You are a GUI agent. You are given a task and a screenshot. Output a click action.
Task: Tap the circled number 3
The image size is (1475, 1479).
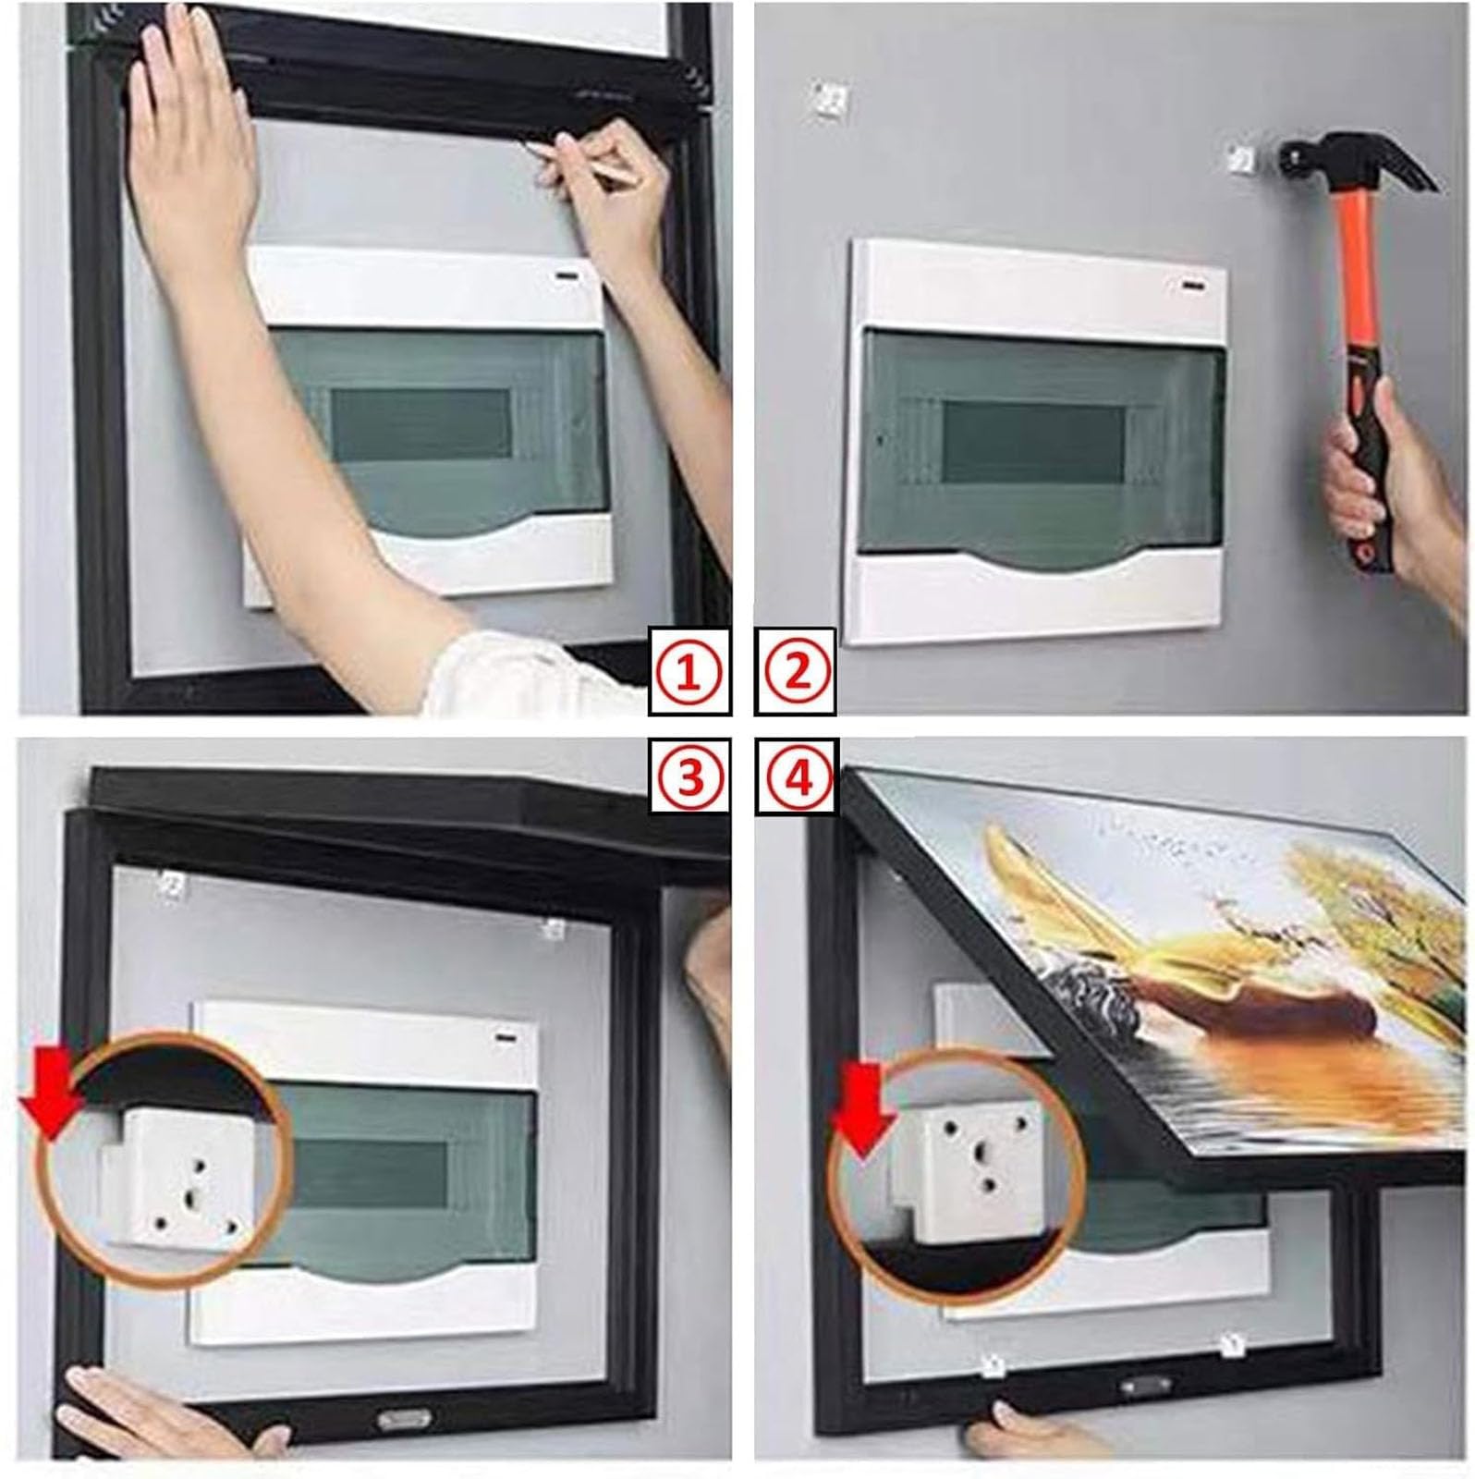[x=689, y=777]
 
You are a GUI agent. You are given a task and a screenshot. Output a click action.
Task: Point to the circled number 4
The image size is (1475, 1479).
[x=797, y=777]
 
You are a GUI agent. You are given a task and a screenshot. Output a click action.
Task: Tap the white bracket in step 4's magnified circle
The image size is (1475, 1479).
[x=971, y=1170]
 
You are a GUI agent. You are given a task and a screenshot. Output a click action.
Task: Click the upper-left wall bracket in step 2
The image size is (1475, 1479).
[x=828, y=99]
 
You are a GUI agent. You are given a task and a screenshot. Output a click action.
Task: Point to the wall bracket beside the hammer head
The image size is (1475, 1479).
[x=1244, y=159]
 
